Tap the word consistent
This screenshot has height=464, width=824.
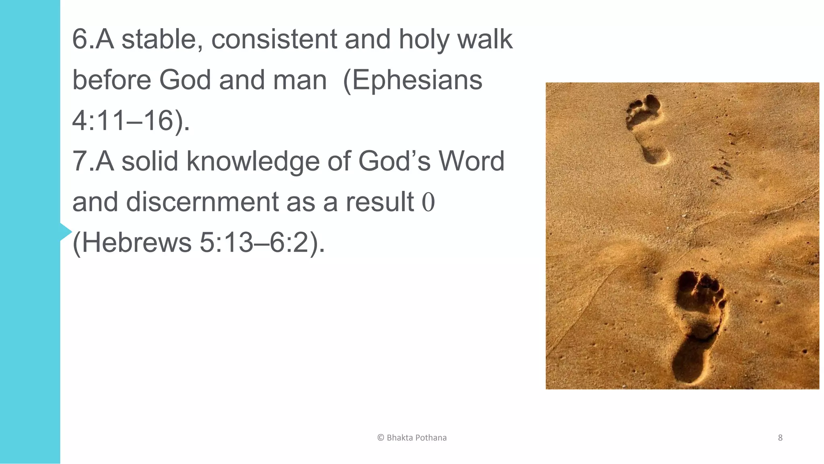pyautogui.click(x=274, y=39)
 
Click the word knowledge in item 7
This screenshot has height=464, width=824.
pyautogui.click(x=252, y=161)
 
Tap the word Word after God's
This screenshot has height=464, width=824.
pyautogui.click(x=471, y=161)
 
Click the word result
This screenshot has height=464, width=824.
pyautogui.click(x=380, y=202)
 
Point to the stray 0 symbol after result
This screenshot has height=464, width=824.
pyautogui.click(x=428, y=202)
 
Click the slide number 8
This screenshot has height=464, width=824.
pyautogui.click(x=780, y=438)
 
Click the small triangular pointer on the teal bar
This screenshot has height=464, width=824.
pyautogui.click(x=66, y=232)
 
